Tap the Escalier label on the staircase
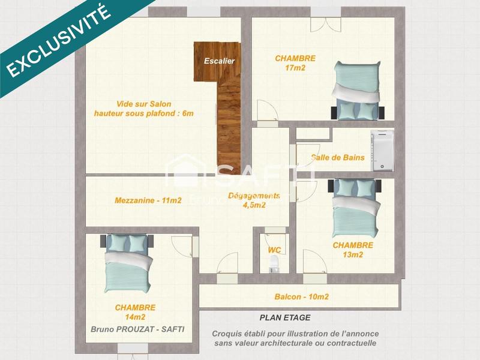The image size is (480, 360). pos(219,61)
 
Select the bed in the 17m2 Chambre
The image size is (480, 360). pos(357,91)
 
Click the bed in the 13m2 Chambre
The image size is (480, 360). pos(356,207)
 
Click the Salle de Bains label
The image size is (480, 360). pos(338,158)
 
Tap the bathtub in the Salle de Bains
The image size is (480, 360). pos(381,150)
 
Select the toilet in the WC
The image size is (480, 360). pos(275,262)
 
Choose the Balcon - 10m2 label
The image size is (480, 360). pos(301,296)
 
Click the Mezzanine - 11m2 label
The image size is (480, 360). pos(148,200)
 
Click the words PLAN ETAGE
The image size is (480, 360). pos(285,318)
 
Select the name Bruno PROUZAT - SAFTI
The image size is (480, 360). pos(137,329)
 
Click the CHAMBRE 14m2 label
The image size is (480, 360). pos(135,312)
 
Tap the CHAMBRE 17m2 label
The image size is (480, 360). pos(295,63)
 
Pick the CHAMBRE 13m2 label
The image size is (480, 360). pos(353,250)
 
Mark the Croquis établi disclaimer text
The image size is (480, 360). pos(295,338)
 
